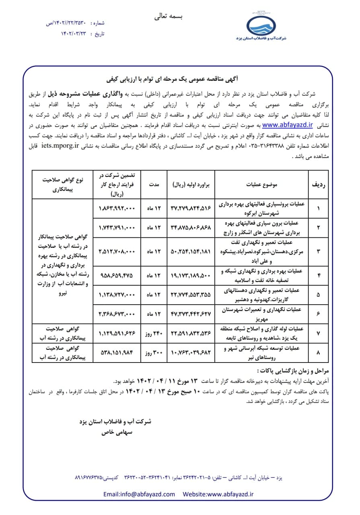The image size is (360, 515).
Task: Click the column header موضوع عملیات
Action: (x=261, y=185)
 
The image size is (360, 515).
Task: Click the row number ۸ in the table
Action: (x=318, y=352)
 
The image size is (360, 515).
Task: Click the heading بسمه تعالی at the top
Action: (x=169, y=17)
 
